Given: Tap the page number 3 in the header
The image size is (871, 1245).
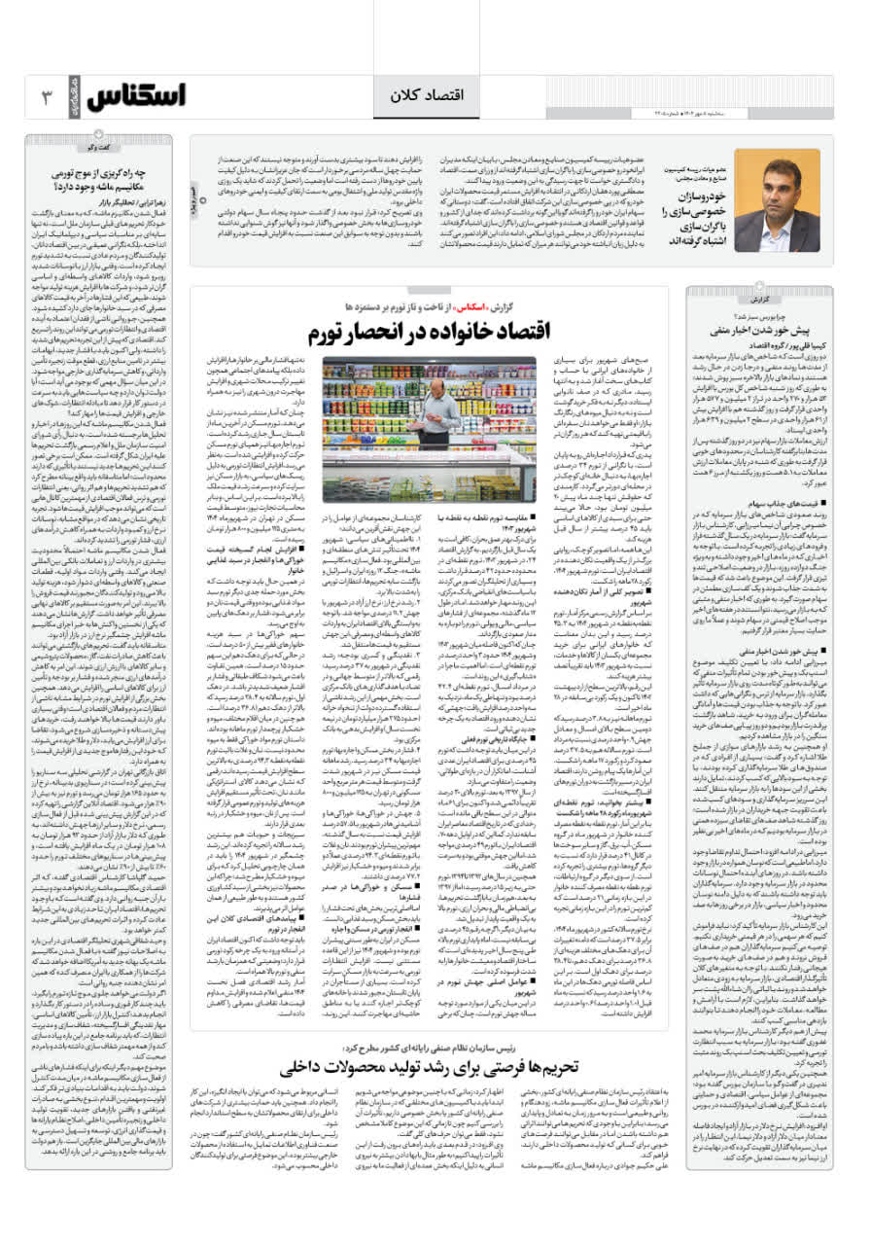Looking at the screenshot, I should pyautogui.click(x=47, y=97).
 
